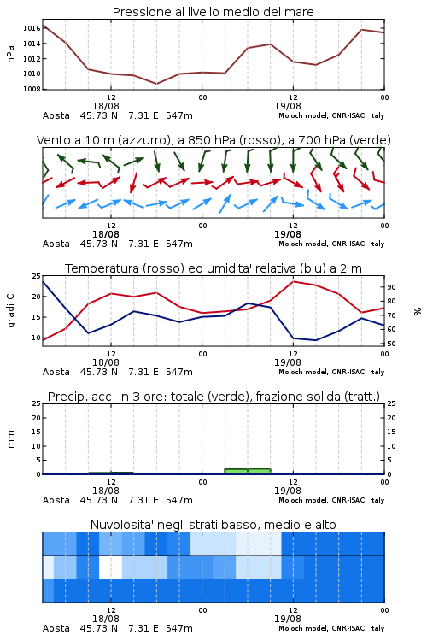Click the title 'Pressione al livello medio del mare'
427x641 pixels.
(213, 12)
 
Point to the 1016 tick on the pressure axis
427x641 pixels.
(32, 28)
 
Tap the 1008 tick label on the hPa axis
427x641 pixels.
(32, 89)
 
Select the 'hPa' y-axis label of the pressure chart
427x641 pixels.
(10, 54)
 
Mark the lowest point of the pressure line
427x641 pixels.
(156, 84)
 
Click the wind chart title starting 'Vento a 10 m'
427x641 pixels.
(213, 140)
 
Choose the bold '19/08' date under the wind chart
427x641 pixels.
(287, 234)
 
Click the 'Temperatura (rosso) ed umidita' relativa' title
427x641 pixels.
(213, 268)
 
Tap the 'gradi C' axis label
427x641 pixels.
(10, 311)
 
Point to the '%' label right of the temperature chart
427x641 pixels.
(418, 311)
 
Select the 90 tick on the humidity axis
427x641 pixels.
(391, 287)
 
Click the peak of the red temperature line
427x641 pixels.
(293, 281)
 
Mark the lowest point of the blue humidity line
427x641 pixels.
(315, 340)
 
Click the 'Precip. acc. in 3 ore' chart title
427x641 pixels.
(213, 397)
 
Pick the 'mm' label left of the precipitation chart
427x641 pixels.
(10, 439)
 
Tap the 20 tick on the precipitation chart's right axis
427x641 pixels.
(391, 418)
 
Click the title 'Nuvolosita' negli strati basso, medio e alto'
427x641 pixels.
(213, 525)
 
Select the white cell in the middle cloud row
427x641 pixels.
(110, 567)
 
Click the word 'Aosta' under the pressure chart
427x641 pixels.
(56, 115)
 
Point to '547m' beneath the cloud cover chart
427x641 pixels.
(179, 628)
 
